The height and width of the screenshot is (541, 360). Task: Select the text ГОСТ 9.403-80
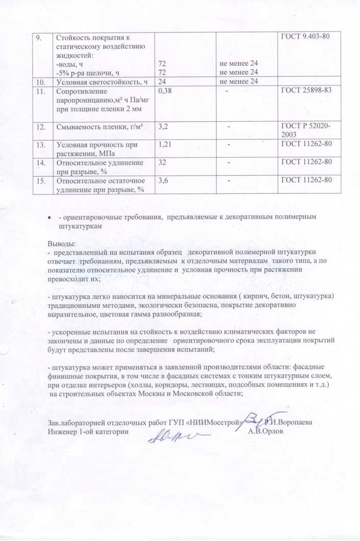point(307,36)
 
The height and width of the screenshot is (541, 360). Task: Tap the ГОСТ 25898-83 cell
point(307,92)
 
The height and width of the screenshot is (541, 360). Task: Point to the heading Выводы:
point(62,243)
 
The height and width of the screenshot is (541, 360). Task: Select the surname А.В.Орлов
point(266,431)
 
